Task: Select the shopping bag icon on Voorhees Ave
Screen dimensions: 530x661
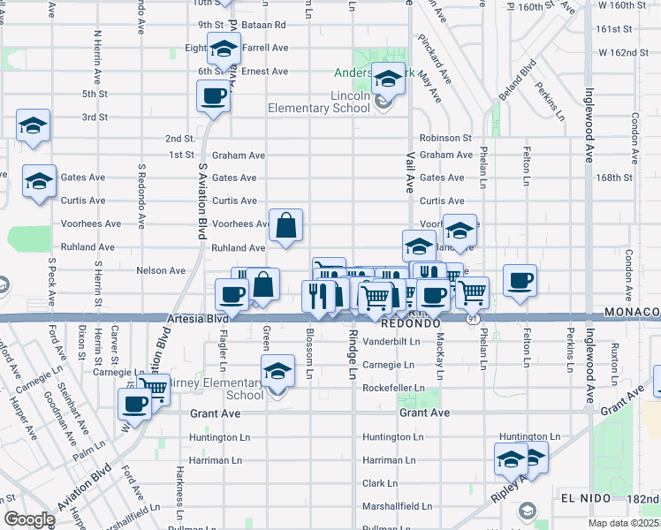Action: (x=286, y=226)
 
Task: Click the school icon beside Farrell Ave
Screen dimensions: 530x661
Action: (x=224, y=49)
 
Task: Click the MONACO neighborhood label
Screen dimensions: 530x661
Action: (x=632, y=313)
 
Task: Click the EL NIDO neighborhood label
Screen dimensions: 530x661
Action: (x=585, y=498)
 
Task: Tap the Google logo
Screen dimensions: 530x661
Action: (x=28, y=519)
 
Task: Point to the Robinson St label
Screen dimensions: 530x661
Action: (x=445, y=138)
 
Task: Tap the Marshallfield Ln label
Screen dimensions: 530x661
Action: (x=397, y=507)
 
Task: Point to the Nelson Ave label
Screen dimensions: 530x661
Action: (x=161, y=270)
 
